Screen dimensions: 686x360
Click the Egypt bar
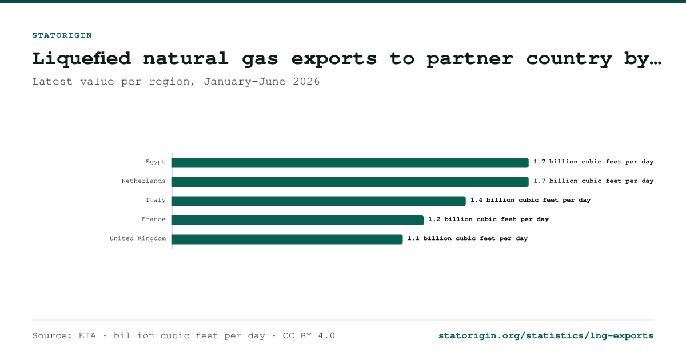350,162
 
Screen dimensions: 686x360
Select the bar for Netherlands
350,182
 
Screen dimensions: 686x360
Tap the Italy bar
319,201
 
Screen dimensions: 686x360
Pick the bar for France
298,220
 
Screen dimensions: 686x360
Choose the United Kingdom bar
287,239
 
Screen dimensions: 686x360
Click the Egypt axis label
155,162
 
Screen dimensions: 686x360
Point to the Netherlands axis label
143,181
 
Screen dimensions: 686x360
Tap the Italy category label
155,200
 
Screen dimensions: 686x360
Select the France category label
153,219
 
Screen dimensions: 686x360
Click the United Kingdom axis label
138,238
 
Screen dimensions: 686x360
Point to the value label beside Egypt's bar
593,162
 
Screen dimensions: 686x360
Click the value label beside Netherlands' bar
593,181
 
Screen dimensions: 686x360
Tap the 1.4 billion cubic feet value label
531,200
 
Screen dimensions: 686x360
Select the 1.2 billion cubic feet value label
488,219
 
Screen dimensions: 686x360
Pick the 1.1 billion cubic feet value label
468,238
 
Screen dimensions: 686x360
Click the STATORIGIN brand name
62,35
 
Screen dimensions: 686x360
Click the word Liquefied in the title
82,58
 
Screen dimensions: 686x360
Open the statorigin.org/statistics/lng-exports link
546,336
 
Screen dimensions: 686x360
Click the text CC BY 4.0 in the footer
309,336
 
